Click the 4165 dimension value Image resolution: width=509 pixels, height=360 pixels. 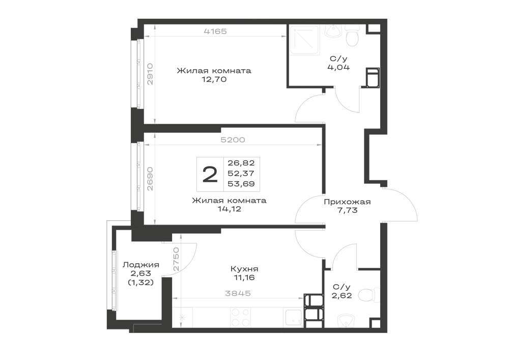pyautogui.click(x=215, y=31)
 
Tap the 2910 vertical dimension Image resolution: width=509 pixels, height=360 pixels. pyautogui.click(x=150, y=74)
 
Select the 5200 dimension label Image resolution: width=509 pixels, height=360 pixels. pyautogui.click(x=233, y=140)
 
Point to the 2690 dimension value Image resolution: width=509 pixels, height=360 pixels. pyautogui.click(x=150, y=179)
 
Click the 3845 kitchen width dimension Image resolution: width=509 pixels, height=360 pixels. pyautogui.click(x=238, y=293)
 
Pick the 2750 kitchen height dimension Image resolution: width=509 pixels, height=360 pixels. pyautogui.click(x=176, y=259)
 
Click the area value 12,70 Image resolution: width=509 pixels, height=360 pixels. pyautogui.click(x=214, y=79)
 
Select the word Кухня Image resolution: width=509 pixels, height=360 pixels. pyautogui.click(x=244, y=269)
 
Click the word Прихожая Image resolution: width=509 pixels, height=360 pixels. pyautogui.click(x=347, y=202)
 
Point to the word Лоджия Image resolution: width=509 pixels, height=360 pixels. pyautogui.click(x=141, y=265)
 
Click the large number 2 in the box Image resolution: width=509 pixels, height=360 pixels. pyautogui.click(x=210, y=174)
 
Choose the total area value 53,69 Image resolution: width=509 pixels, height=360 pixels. pyautogui.click(x=241, y=184)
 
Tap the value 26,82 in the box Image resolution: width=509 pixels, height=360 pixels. pyautogui.click(x=241, y=162)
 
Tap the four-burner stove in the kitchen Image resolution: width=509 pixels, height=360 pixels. pyautogui.click(x=240, y=317)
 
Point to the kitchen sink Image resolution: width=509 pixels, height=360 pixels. pyautogui.click(x=293, y=317)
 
